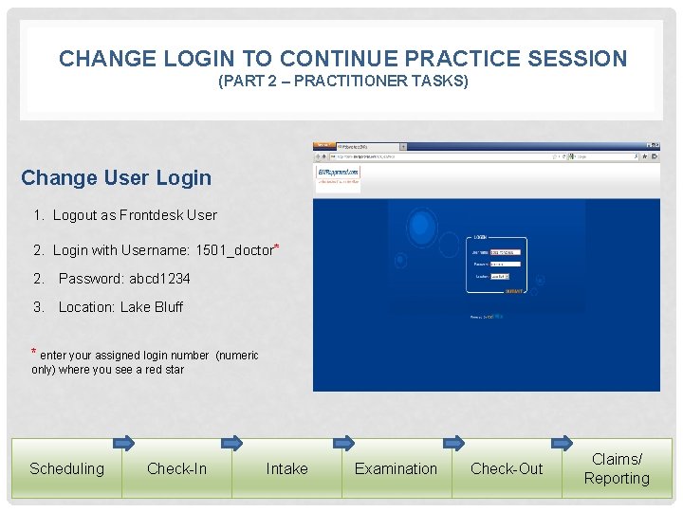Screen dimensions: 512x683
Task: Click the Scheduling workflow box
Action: click(66, 468)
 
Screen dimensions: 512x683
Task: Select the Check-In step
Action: click(176, 468)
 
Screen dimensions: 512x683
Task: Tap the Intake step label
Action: click(286, 468)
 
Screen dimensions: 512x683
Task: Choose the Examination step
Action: click(396, 468)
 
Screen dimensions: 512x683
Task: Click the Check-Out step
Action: click(507, 468)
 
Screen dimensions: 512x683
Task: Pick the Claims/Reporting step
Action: click(617, 468)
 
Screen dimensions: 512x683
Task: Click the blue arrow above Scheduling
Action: click(123, 442)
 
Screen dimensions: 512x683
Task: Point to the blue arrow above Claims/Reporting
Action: click(563, 442)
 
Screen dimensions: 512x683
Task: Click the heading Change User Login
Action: click(116, 178)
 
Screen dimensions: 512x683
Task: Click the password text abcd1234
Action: click(159, 279)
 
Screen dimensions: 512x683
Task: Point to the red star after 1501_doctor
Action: click(276, 248)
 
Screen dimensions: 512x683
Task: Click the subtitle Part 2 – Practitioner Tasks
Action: click(343, 82)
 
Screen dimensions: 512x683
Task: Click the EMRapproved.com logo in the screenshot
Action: click(338, 176)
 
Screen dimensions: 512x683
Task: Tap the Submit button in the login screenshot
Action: click(514, 291)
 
